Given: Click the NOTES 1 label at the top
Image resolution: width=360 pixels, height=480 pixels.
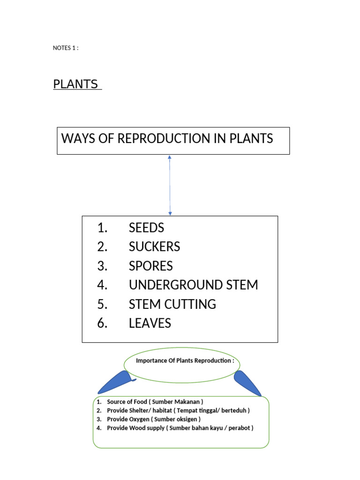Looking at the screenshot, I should (x=66, y=48).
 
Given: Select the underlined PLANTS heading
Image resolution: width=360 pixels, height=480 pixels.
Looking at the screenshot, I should (x=76, y=84).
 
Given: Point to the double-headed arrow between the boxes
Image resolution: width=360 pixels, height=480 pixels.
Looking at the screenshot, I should (x=170, y=185).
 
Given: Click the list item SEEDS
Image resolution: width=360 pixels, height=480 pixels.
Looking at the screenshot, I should (x=146, y=228).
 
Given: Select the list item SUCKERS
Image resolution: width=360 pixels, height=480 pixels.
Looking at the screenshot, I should (x=154, y=247).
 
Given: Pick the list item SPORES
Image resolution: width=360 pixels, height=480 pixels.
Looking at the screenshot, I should (x=150, y=266).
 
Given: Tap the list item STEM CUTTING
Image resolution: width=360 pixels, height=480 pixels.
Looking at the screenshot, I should (x=172, y=304).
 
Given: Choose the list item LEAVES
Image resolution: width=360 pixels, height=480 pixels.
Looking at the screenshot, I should (x=150, y=323).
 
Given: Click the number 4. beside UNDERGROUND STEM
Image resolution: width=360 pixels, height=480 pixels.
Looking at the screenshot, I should (x=103, y=285).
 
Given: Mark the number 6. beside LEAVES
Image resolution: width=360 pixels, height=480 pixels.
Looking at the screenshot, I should (x=103, y=323).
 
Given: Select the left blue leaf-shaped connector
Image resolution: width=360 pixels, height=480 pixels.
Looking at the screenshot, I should (x=115, y=382).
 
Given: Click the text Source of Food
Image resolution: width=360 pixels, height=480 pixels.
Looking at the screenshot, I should (x=127, y=402).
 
